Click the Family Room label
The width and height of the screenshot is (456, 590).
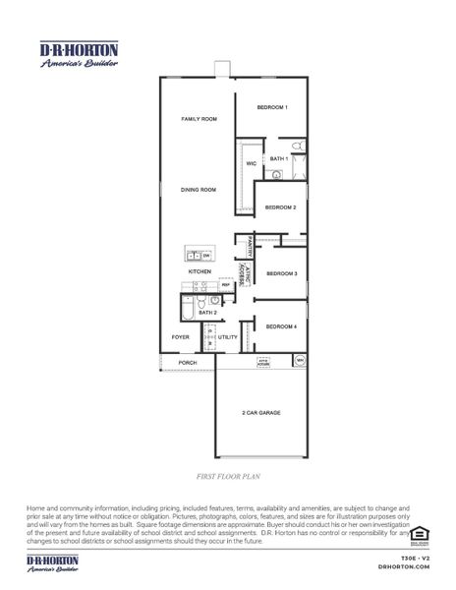[198, 119]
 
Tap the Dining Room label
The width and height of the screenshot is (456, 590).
[198, 190]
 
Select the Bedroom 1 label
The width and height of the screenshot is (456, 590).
[272, 106]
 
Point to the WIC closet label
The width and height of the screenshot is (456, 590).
[251, 164]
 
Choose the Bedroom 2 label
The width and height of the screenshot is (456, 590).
[281, 207]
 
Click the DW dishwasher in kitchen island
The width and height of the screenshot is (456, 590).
[206, 256]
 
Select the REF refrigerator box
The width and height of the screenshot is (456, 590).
[225, 285]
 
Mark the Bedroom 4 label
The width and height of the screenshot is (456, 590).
[281, 326]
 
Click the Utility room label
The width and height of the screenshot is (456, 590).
[228, 337]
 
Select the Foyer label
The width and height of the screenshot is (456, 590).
[180, 337]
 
